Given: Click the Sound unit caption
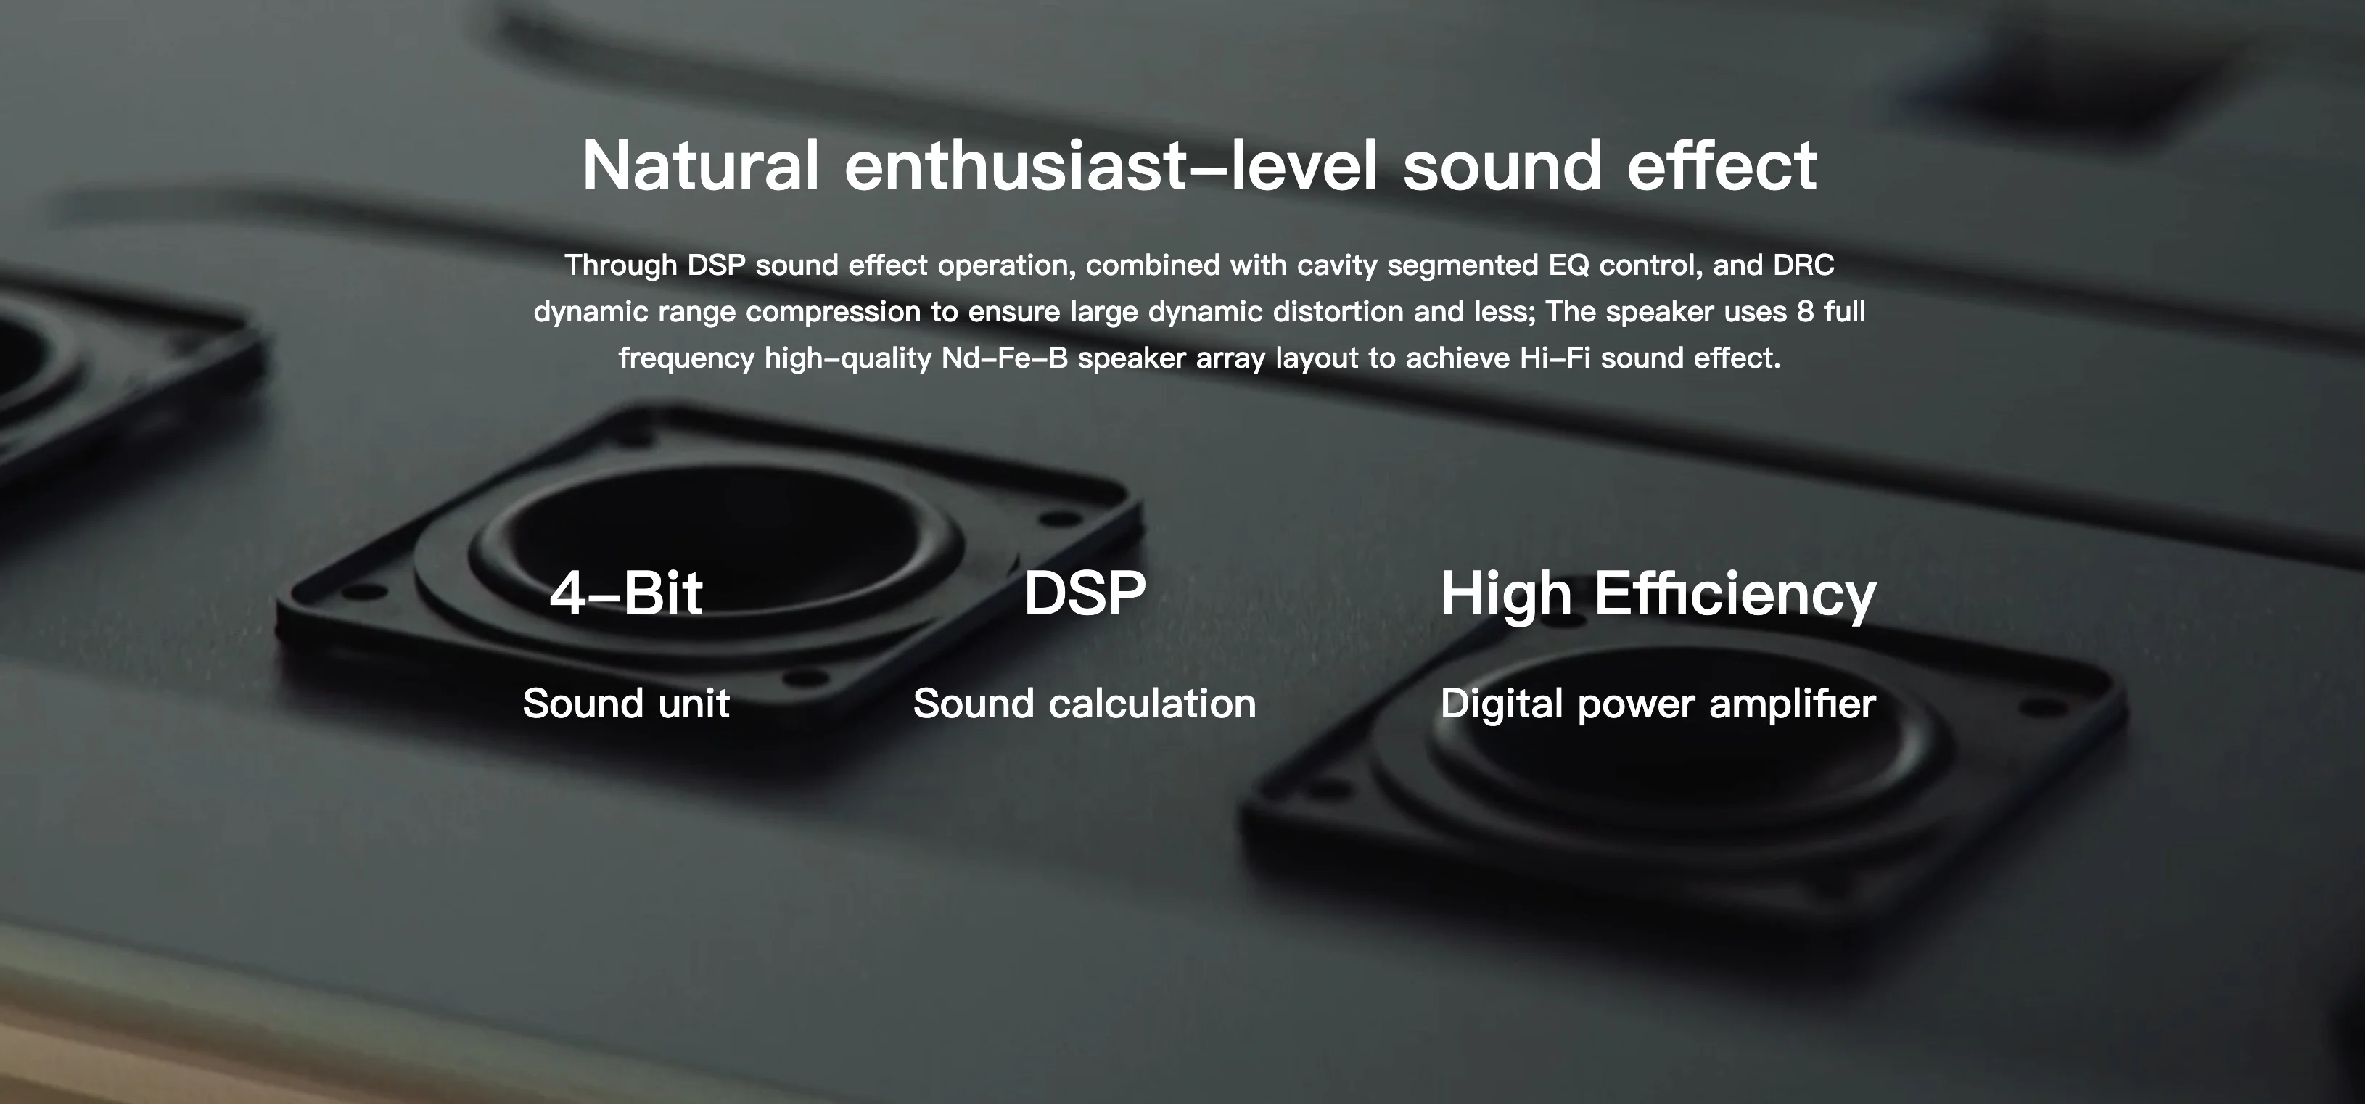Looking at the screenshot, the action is tap(626, 704).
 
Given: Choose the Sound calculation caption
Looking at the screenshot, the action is tap(1085, 704).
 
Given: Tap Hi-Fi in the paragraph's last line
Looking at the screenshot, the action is tap(1555, 357).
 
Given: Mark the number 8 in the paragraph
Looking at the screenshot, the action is tap(1805, 311).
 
